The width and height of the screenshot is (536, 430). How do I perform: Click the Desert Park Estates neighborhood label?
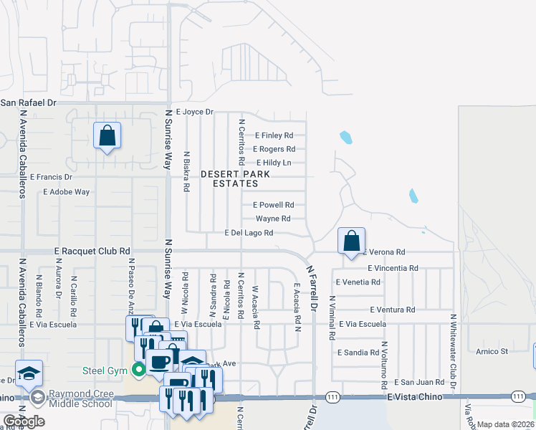(235, 178)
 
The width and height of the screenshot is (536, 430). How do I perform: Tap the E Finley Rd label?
(274, 135)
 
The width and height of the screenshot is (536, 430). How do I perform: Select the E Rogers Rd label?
(274, 149)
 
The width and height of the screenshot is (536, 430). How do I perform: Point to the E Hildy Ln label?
(274, 163)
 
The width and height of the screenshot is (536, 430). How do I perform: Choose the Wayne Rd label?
(273, 219)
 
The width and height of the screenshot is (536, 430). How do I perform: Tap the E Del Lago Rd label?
(249, 233)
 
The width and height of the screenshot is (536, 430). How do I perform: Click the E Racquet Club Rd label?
(92, 252)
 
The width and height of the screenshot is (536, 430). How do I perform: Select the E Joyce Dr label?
(190, 112)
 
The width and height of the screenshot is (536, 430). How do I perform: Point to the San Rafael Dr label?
(28, 102)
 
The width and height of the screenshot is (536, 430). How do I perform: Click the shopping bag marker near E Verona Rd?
(351, 242)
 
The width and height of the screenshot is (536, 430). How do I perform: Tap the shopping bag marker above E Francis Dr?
(107, 135)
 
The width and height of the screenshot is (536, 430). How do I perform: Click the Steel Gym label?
(104, 371)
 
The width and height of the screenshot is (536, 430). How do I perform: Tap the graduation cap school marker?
(29, 373)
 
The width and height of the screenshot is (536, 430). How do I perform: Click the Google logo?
(24, 421)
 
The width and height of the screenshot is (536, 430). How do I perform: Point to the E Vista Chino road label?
(413, 396)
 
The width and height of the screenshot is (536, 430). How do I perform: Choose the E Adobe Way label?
(67, 192)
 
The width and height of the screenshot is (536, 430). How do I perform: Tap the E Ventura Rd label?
(393, 310)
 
